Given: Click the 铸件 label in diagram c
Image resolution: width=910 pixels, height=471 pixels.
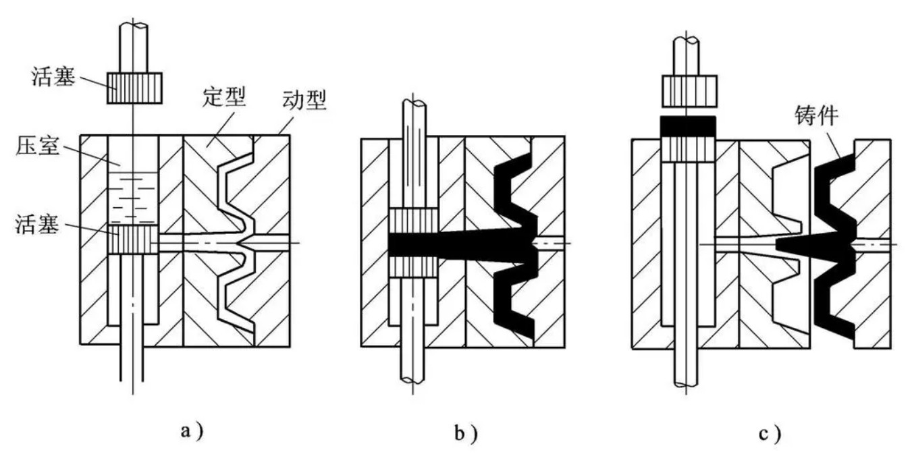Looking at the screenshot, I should (x=818, y=117).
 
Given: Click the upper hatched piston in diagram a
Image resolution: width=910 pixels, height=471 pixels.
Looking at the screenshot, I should (x=134, y=88).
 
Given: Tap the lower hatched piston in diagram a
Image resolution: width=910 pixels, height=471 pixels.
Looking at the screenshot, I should (x=133, y=240).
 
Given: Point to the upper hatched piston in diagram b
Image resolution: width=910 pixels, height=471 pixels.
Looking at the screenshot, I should (x=414, y=220).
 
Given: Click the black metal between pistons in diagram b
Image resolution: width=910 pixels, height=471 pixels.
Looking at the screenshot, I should (x=414, y=244).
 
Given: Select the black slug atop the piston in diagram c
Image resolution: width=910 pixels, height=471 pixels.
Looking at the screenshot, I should (x=687, y=126).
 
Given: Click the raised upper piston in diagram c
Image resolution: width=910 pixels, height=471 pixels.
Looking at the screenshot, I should (x=687, y=91).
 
